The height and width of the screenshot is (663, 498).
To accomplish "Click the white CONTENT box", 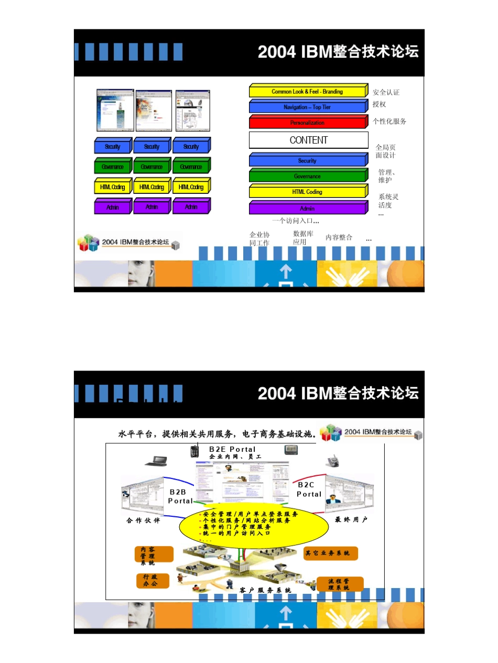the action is [x=308, y=140].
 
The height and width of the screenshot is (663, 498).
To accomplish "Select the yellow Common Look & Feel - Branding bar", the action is [x=307, y=92].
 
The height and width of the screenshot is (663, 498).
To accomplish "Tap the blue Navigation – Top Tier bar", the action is [x=307, y=107].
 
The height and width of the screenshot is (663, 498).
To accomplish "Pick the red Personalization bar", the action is [x=307, y=123].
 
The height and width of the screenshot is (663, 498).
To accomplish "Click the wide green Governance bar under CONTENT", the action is [x=307, y=177].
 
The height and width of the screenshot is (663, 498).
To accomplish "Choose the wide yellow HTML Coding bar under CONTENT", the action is [x=307, y=192].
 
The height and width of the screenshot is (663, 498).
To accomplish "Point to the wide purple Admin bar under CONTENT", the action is [x=307, y=209].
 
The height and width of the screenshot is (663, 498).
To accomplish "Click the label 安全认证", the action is [x=386, y=92].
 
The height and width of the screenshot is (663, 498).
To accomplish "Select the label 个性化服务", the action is [x=389, y=121].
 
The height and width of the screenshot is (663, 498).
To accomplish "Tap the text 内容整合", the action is [x=339, y=237].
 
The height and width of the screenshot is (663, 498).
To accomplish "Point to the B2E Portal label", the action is [x=232, y=449].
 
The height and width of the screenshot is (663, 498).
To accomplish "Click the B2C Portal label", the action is [x=309, y=490].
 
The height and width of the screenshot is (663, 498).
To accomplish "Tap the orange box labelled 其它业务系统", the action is [x=330, y=553].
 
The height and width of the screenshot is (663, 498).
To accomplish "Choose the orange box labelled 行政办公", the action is [x=153, y=581].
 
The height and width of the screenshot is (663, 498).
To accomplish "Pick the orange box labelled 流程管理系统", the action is [x=340, y=584].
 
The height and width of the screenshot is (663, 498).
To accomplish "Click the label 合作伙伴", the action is [x=143, y=520].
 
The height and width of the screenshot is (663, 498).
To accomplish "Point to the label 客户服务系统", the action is [x=265, y=591].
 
